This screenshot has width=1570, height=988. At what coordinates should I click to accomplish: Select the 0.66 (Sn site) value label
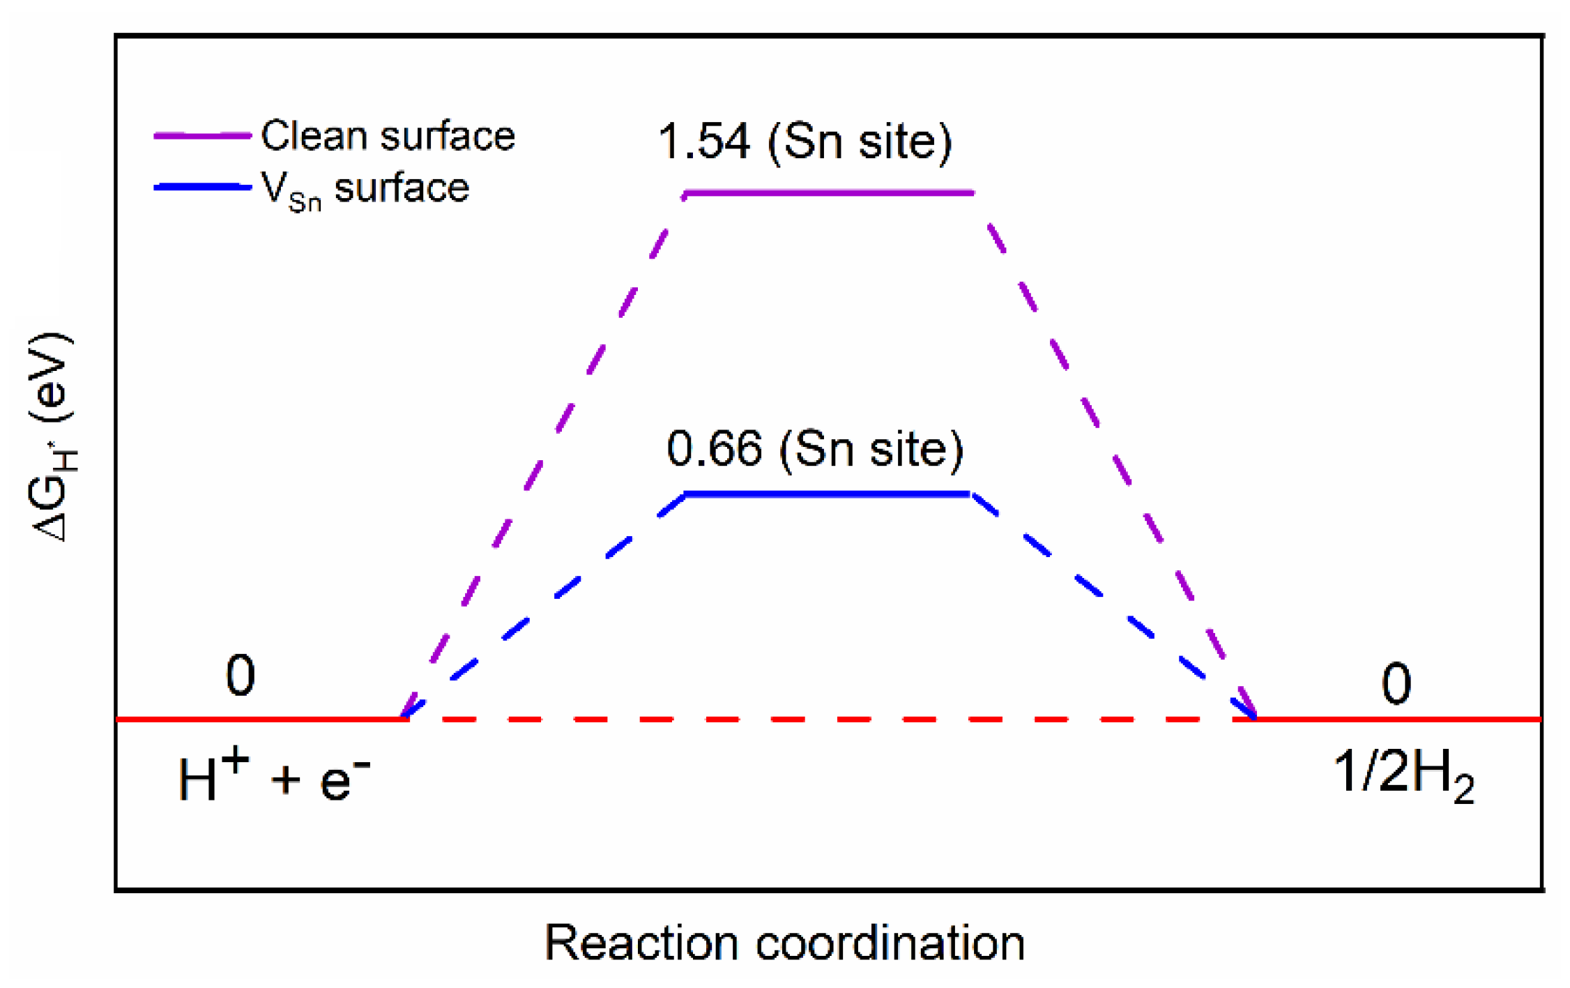(x=814, y=448)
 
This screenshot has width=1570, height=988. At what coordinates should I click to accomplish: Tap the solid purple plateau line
(x=828, y=192)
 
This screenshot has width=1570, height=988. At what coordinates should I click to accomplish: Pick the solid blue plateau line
(x=827, y=494)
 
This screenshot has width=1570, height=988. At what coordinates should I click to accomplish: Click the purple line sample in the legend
(x=202, y=135)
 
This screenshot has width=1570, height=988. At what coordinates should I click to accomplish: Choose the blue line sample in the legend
(x=202, y=187)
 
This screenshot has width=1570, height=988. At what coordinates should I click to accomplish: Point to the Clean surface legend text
(x=388, y=135)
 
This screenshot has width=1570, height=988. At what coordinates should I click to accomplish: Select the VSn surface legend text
(x=365, y=189)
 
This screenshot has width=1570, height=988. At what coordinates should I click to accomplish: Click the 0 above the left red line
(x=241, y=676)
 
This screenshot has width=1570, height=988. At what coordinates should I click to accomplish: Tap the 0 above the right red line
(x=1396, y=684)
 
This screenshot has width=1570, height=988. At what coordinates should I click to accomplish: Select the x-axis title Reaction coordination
(x=784, y=943)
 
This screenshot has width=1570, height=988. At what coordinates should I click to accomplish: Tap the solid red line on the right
(x=1398, y=718)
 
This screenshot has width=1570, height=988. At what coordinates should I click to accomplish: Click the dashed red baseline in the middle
(x=830, y=718)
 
